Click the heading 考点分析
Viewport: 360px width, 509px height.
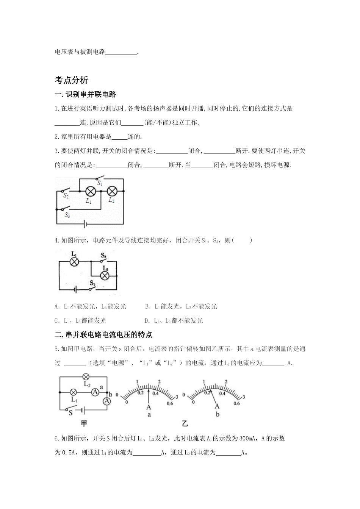(x=72, y=80)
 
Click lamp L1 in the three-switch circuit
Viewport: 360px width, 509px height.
(x=90, y=191)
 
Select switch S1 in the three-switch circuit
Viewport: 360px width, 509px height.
(x=100, y=179)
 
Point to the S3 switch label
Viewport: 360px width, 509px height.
(x=67, y=215)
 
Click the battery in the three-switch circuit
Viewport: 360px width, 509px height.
(x=86, y=224)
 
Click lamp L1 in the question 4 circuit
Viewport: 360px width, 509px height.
(x=74, y=261)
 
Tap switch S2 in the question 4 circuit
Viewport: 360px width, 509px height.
(x=103, y=260)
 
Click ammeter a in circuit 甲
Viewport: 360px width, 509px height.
(x=96, y=392)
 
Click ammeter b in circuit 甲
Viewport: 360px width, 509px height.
(x=107, y=401)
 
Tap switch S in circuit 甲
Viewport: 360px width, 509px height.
(x=70, y=409)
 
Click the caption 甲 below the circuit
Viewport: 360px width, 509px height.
(x=84, y=423)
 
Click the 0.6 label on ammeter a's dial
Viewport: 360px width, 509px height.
(x=169, y=403)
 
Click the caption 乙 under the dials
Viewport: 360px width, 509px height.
(x=185, y=423)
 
